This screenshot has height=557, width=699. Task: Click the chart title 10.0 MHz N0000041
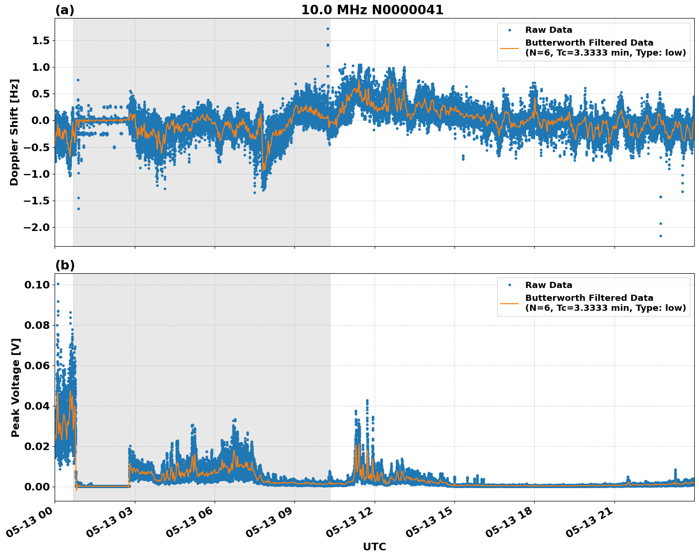372,10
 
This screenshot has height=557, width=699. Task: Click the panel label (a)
65,10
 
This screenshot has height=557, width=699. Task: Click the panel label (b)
65,265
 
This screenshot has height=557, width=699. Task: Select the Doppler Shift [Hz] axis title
14,132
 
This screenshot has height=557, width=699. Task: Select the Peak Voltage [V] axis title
16,387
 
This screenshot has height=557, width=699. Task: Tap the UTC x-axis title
374,547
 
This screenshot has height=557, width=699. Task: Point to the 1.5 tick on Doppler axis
41,41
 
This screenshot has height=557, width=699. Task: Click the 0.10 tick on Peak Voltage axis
37,285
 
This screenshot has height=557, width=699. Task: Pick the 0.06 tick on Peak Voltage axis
37,365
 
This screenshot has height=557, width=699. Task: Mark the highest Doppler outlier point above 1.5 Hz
328,29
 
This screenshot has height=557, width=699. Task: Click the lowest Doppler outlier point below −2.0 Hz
661,236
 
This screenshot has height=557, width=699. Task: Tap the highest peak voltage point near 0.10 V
58,284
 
